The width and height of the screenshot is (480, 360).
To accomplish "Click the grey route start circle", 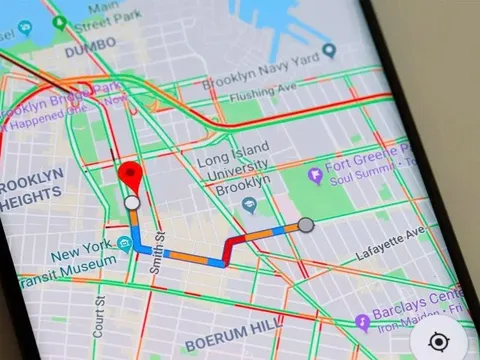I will (x=306, y=225).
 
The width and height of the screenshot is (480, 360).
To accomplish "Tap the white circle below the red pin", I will (x=132, y=204).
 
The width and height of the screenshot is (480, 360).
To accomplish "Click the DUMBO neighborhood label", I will (x=91, y=50).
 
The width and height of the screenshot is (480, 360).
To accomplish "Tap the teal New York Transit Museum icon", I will (x=124, y=243).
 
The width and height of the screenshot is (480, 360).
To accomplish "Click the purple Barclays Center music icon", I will (x=362, y=322).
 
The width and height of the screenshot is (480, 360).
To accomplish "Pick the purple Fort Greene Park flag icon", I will (x=315, y=175).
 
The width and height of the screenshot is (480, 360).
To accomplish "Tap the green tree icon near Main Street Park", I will (x=60, y=22).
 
